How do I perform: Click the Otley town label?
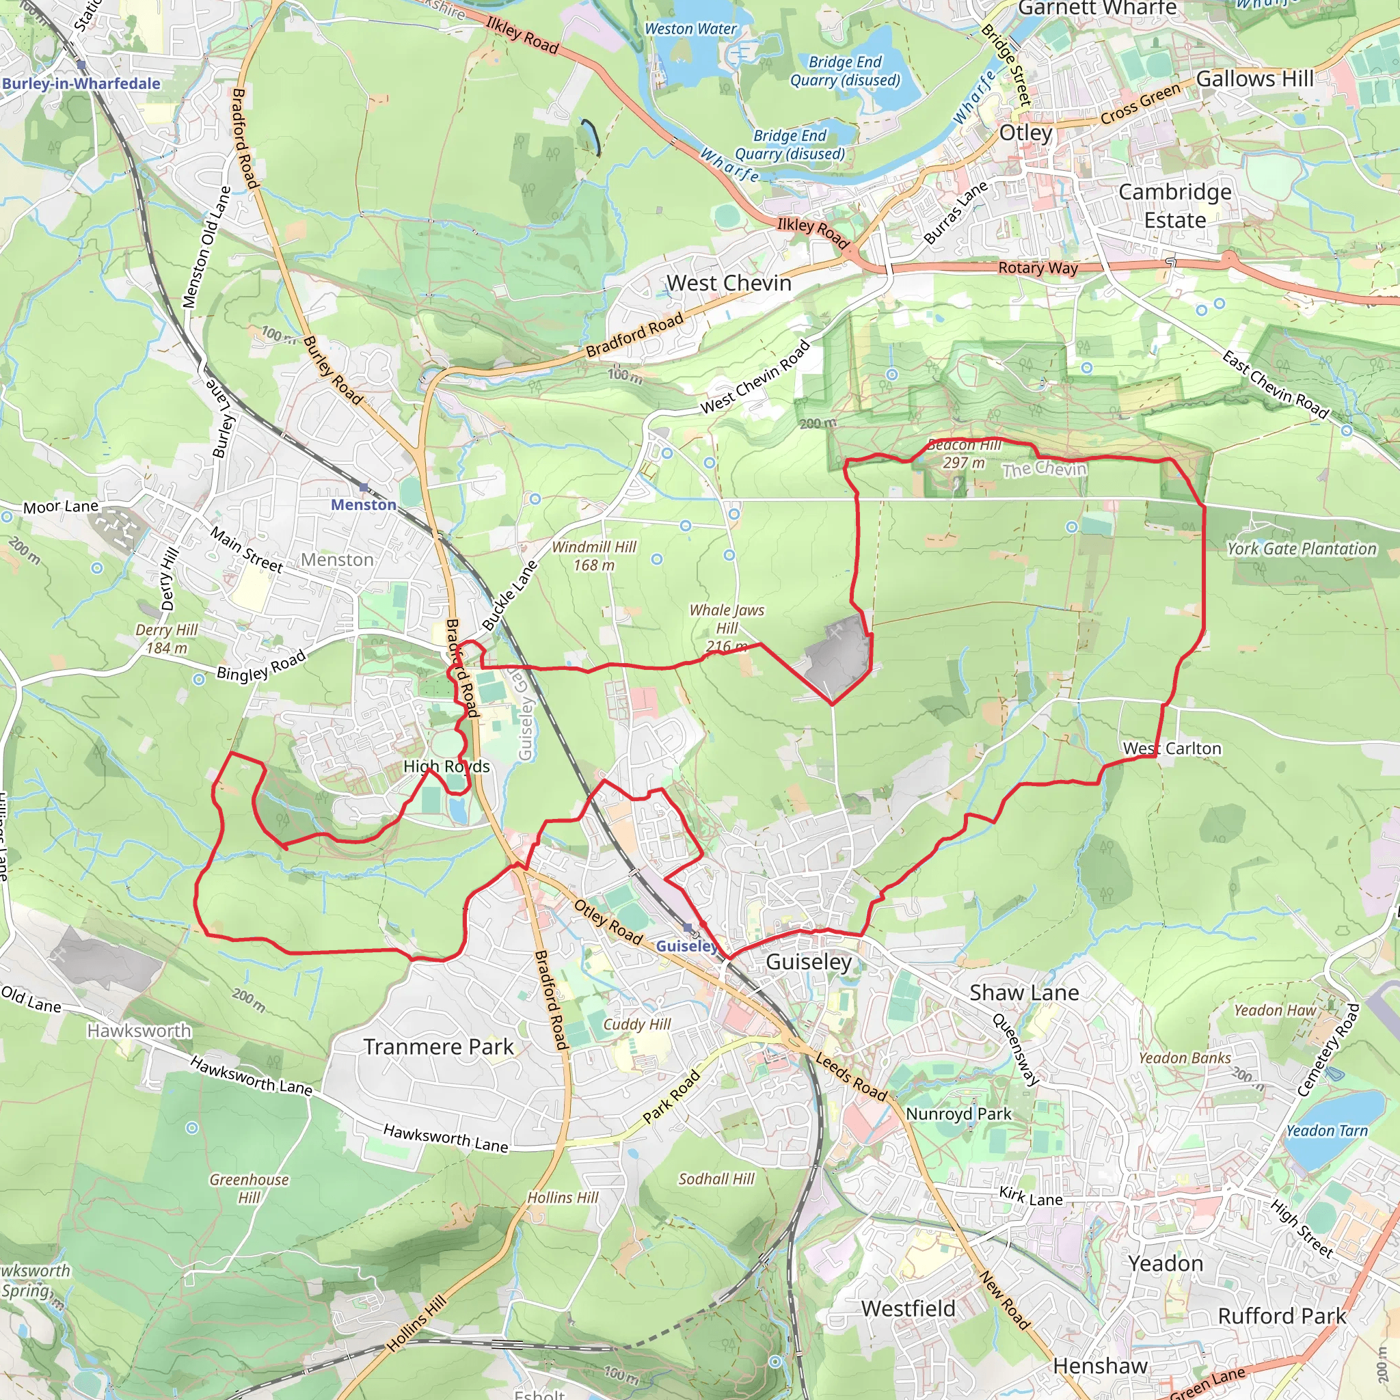pyautogui.click(x=1025, y=133)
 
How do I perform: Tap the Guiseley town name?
pyautogui.click(x=808, y=962)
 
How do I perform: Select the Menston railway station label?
pyautogui.click(x=363, y=504)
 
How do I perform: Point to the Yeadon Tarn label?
pyautogui.click(x=1326, y=1131)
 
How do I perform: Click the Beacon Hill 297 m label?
pyautogui.click(x=964, y=454)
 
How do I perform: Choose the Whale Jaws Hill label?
pyautogui.click(x=726, y=628)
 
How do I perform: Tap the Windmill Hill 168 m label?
pyautogui.click(x=593, y=556)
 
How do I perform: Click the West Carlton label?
pyautogui.click(x=1172, y=749)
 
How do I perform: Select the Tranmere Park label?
pyautogui.click(x=438, y=1047)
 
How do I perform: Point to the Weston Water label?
pyautogui.click(x=690, y=29)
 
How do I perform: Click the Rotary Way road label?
pyautogui.click(x=1038, y=267)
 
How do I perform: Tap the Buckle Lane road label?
pyautogui.click(x=510, y=594)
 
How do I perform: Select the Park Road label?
pyautogui.click(x=671, y=1096)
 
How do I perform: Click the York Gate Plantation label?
pyautogui.click(x=1301, y=548)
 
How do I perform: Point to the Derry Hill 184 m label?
pyautogui.click(x=166, y=639)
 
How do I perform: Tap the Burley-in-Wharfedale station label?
pyautogui.click(x=81, y=83)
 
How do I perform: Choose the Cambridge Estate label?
pyautogui.click(x=1174, y=206)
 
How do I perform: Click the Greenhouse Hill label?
pyautogui.click(x=249, y=1188)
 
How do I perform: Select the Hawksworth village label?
pyautogui.click(x=139, y=1030)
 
